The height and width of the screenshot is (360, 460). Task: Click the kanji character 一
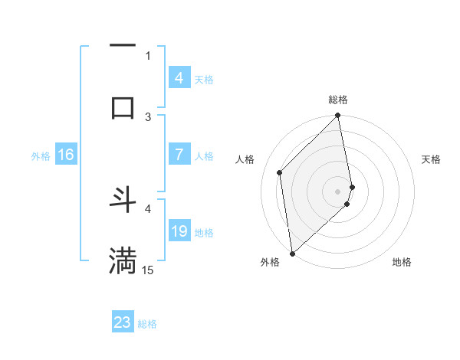pos(123,47)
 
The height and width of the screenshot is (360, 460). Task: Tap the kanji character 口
pos(123,106)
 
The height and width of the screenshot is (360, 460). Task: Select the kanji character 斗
pos(123,200)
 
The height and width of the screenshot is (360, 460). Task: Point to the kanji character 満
pos(123,260)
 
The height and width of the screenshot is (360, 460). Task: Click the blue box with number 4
pos(179,77)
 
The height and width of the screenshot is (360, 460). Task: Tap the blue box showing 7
pos(179,155)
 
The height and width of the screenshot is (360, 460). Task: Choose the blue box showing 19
pos(179,231)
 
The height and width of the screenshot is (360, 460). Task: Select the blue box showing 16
pos(65,155)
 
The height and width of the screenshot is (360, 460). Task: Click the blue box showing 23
pos(123,322)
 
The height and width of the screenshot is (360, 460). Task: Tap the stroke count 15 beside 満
pos(148,270)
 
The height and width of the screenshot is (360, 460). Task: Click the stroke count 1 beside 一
pos(148,55)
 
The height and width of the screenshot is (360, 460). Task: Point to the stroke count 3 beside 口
pos(148,116)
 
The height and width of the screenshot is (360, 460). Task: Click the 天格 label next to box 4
pos(203,79)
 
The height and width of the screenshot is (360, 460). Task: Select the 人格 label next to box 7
pos(203,156)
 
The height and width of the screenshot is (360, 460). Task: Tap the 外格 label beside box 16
pos(41,156)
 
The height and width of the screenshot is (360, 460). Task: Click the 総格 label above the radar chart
pos(338,100)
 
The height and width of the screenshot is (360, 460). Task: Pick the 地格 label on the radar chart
pos(402,262)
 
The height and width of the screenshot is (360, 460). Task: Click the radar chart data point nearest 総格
pos(338,116)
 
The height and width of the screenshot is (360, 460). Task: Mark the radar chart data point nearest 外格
pos(292,253)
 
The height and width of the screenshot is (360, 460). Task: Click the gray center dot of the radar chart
pos(338,191)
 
